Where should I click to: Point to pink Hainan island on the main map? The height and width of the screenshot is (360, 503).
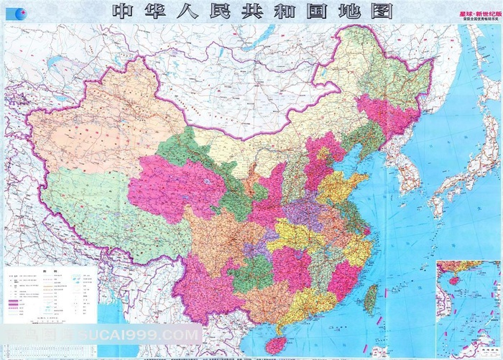pos(275,344)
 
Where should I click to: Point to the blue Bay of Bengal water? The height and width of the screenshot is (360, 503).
pos(115,338)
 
